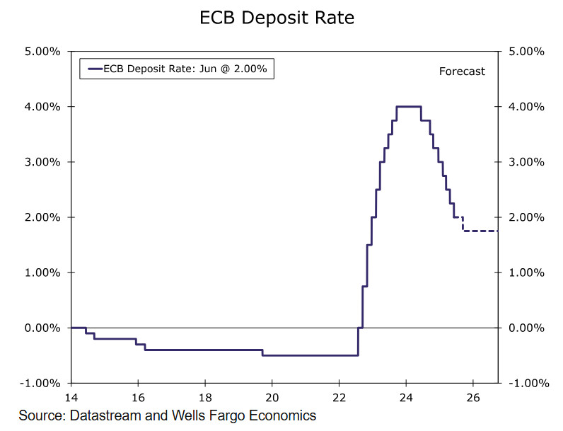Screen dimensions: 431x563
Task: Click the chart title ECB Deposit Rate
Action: click(x=277, y=18)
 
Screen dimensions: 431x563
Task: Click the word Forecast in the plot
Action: click(x=462, y=71)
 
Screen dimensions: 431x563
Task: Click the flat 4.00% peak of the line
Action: click(x=409, y=106)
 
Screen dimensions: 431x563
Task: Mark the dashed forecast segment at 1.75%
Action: click(x=481, y=231)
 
